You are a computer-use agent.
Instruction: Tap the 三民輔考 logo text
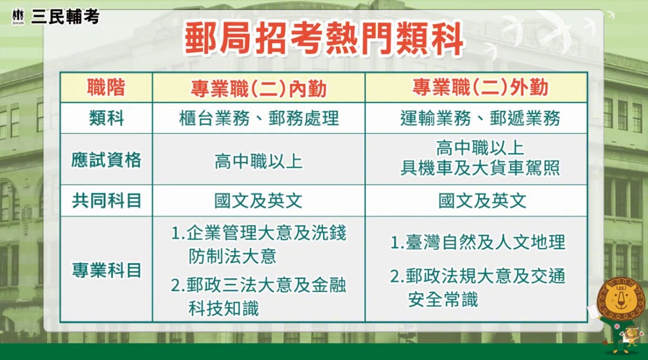click(x=65, y=17)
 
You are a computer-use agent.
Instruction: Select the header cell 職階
click(x=106, y=88)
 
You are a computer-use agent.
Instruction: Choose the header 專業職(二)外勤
click(x=480, y=88)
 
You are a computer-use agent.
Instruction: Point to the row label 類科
click(x=106, y=118)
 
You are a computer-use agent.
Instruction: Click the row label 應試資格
click(x=106, y=160)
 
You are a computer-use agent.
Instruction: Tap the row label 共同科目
click(x=106, y=200)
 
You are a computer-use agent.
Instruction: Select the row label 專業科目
click(x=106, y=270)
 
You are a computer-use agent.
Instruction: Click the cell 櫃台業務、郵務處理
click(x=259, y=118)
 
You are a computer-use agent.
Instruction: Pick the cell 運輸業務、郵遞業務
click(x=480, y=118)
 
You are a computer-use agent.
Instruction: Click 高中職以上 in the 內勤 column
click(x=259, y=161)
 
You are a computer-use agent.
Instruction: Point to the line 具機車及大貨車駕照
click(x=480, y=168)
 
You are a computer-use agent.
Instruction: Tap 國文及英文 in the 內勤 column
click(x=259, y=200)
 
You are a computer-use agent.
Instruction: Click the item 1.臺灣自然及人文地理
click(x=478, y=242)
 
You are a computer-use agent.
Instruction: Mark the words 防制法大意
click(x=232, y=256)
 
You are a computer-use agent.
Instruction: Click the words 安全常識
click(x=443, y=300)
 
